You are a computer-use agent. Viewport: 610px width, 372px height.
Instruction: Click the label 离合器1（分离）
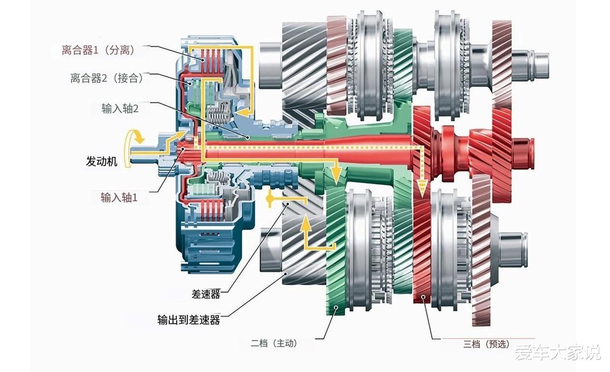[x=98, y=50]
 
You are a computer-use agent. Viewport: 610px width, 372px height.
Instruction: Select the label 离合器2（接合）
[x=107, y=78]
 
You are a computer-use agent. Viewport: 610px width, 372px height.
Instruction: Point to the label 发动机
[x=102, y=162]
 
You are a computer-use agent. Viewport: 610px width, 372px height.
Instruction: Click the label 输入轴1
[x=119, y=197]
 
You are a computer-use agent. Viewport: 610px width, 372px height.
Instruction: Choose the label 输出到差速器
[x=189, y=320]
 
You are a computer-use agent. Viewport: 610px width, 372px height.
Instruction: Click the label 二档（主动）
[x=274, y=344]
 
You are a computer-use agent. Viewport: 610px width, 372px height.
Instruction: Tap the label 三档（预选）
[x=486, y=344]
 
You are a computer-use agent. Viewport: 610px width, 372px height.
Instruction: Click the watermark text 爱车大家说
[x=557, y=352]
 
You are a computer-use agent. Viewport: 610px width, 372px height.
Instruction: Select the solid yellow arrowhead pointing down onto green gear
[x=335, y=177]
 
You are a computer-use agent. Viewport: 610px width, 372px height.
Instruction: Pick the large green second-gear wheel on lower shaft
[x=335, y=249]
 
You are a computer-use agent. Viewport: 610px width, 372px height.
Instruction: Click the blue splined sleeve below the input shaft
[x=274, y=178]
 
